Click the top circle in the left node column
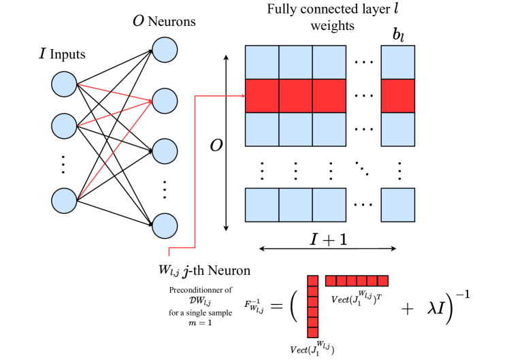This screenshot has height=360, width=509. click(x=64, y=84)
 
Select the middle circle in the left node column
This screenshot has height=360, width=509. click(x=64, y=126)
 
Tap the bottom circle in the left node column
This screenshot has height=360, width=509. click(x=64, y=201)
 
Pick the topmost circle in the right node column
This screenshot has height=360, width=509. click(x=165, y=50)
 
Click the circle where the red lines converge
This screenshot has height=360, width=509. click(x=165, y=101)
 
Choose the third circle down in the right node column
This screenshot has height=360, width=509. click(x=165, y=151)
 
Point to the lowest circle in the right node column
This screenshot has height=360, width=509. click(x=165, y=226)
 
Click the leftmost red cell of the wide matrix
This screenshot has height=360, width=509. click(x=262, y=96)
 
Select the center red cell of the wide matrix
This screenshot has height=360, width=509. click(x=295, y=96)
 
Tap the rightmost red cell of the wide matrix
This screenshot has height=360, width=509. click(x=329, y=96)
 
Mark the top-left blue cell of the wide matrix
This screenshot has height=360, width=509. click(x=262, y=63)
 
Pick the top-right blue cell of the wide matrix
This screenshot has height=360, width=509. click(x=329, y=63)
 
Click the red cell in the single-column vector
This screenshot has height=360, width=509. click(x=397, y=96)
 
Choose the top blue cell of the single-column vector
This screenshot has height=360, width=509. click(x=397, y=63)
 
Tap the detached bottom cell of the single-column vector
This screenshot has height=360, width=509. click(x=397, y=205)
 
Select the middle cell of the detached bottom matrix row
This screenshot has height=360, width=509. click(x=295, y=205)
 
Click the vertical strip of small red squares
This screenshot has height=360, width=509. click(x=312, y=306)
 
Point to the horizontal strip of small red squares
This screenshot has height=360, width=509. click(x=357, y=280)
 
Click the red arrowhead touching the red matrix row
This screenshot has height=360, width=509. click(x=242, y=96)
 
